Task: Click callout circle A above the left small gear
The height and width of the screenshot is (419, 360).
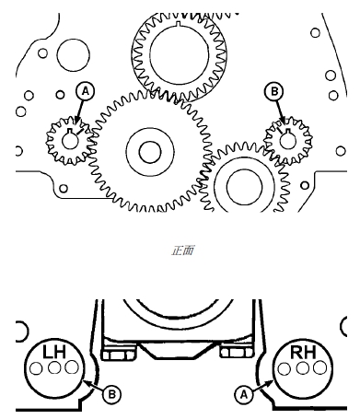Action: click(86, 91)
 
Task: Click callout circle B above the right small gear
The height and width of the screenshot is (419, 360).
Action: click(274, 91)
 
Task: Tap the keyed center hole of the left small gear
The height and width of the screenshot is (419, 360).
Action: click(70, 140)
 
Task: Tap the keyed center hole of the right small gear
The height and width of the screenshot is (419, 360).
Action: click(287, 140)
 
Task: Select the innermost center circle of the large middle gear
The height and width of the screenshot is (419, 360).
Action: click(150, 152)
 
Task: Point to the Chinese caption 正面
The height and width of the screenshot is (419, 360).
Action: click(182, 250)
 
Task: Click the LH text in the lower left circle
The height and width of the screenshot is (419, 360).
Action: click(54, 352)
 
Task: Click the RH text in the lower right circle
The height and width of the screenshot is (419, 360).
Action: click(303, 352)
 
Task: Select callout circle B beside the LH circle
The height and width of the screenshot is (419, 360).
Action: click(112, 394)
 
